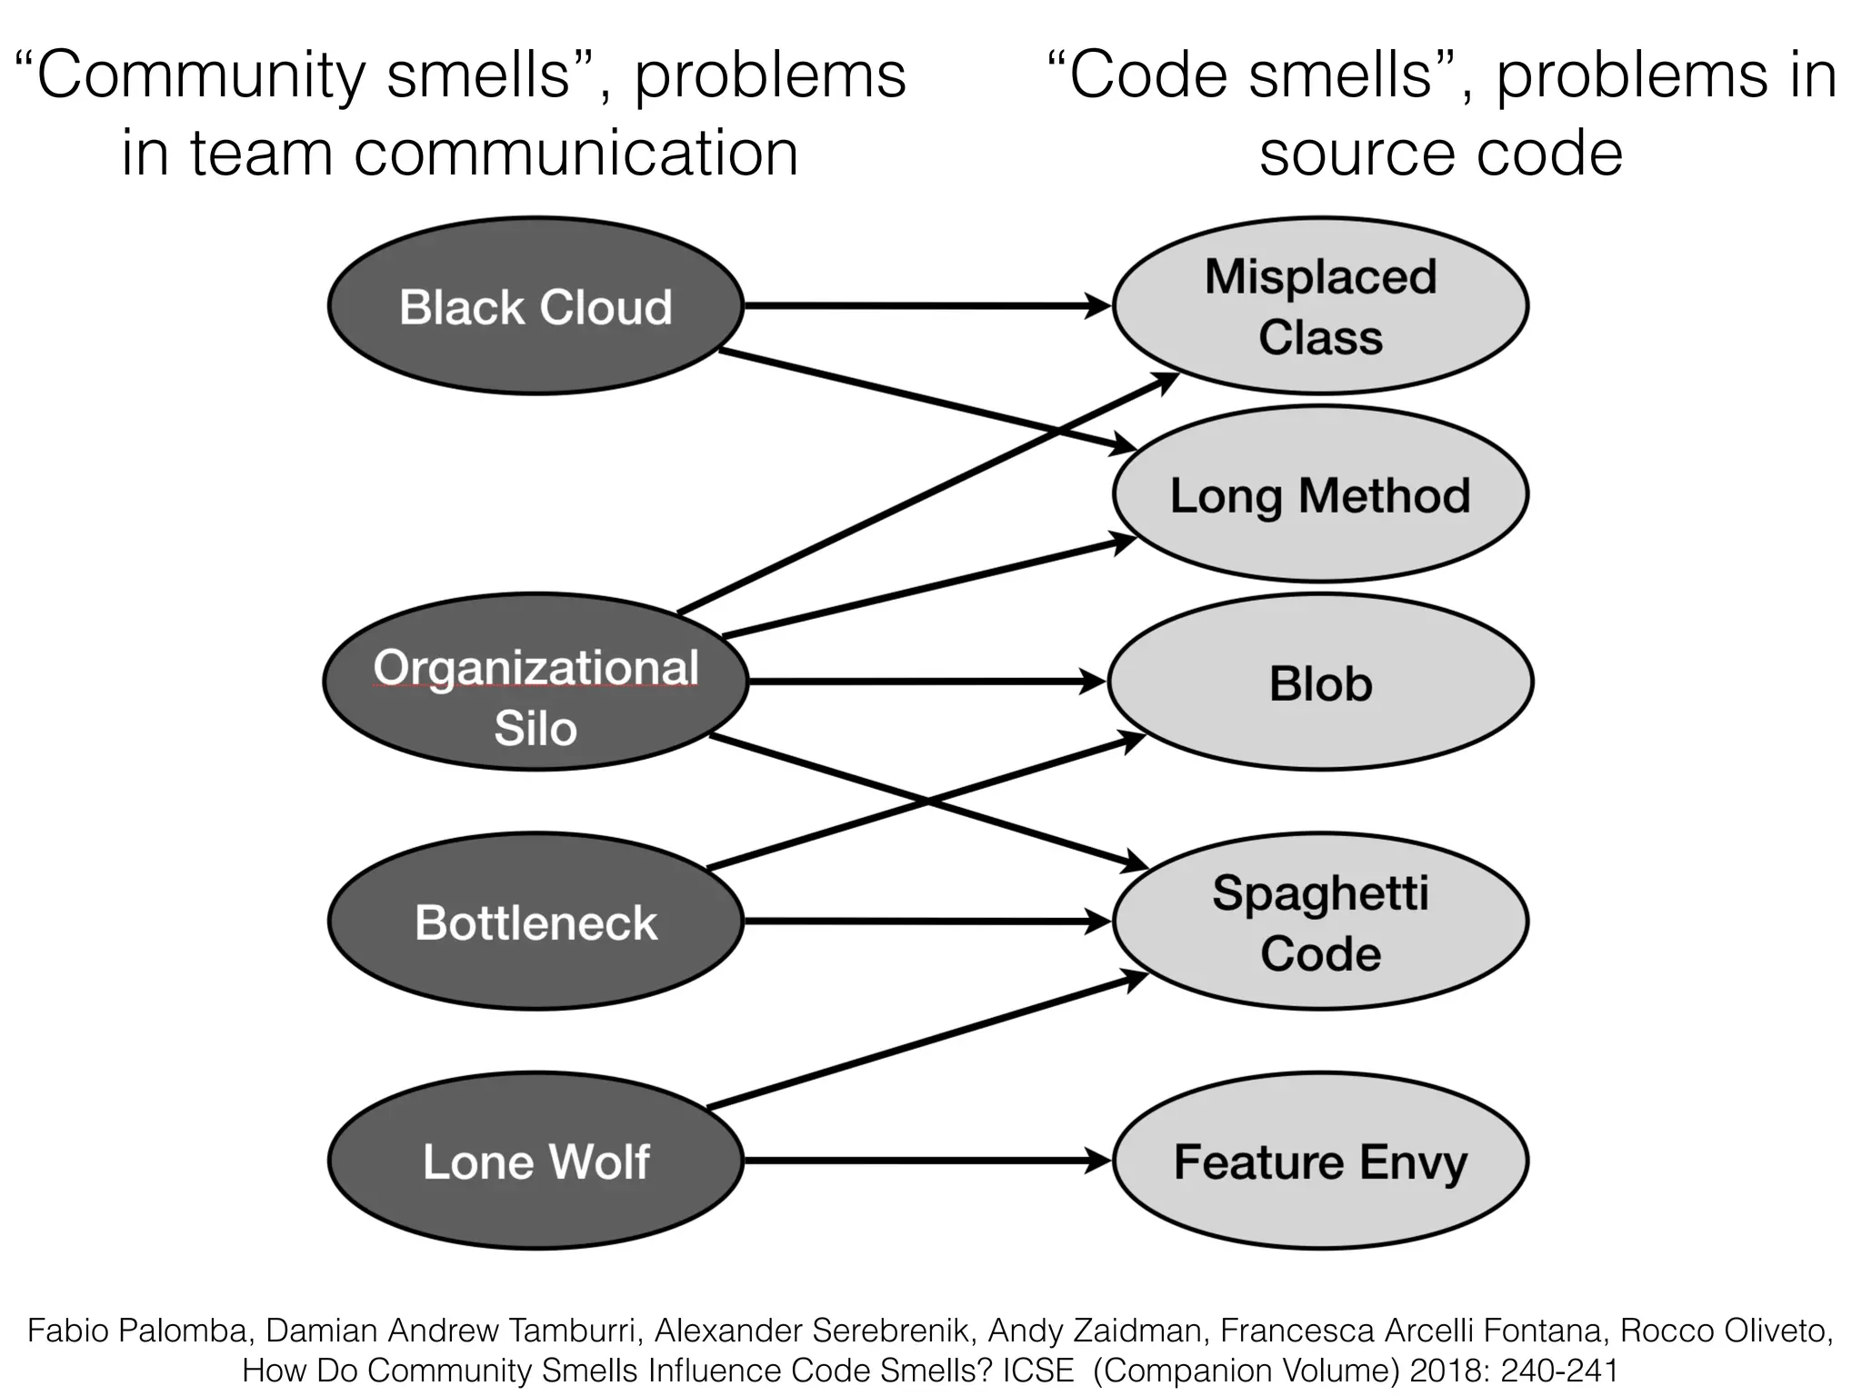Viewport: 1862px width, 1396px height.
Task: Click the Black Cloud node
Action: [x=536, y=306]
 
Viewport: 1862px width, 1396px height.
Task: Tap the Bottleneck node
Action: [x=536, y=922]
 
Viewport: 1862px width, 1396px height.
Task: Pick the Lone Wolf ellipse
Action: [x=536, y=1161]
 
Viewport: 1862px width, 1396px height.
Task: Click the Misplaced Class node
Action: [x=1320, y=306]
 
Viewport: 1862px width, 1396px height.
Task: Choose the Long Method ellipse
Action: [x=1320, y=495]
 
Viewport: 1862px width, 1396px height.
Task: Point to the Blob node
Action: [x=1320, y=683]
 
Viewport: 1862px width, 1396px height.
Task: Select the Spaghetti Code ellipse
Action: [x=1320, y=922]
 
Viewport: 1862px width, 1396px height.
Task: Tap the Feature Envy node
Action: [x=1320, y=1161]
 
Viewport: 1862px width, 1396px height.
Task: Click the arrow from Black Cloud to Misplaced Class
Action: [x=918, y=306]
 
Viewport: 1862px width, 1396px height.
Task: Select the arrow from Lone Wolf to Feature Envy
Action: [x=918, y=1161]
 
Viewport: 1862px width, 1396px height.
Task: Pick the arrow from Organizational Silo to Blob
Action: [x=918, y=682]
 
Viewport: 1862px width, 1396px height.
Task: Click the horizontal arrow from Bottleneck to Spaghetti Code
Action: [x=918, y=922]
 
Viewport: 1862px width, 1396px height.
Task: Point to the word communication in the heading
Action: [x=576, y=154]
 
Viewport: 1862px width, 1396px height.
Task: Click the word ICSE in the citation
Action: [x=1037, y=1371]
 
